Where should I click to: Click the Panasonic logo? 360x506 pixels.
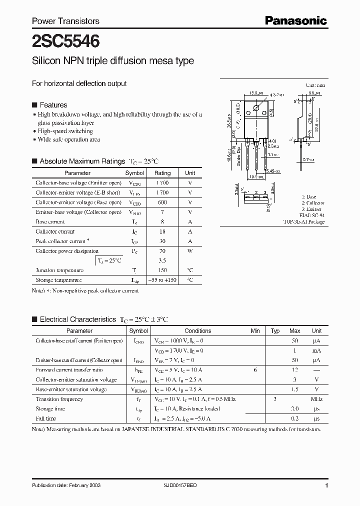[x=295, y=20]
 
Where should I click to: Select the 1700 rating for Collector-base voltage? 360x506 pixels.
[x=162, y=183]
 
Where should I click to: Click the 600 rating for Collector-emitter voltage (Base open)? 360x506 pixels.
[x=162, y=202]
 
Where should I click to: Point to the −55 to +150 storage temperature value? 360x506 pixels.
[x=162, y=280]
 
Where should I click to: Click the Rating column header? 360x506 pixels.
[x=162, y=173]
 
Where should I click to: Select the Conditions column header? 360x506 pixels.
[x=197, y=331]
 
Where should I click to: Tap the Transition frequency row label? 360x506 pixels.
[x=59, y=399]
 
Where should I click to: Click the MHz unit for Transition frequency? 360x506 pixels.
[x=316, y=399]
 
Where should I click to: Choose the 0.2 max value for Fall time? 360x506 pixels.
[x=294, y=418]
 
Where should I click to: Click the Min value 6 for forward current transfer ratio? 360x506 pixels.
[x=255, y=370]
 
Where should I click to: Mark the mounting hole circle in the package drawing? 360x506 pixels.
[x=256, y=108]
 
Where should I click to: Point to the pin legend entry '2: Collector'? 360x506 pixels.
[x=312, y=203]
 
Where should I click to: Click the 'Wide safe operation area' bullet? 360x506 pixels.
[x=68, y=139]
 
